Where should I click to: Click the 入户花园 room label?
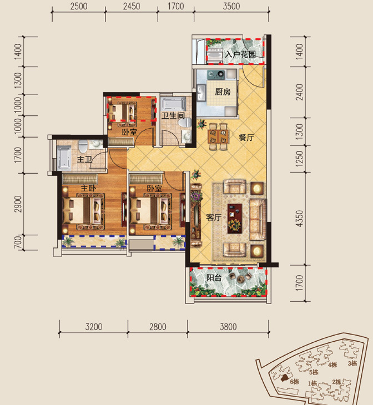240,54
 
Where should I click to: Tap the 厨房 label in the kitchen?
223,92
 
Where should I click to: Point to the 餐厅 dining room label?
246,138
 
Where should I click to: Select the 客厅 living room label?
214,217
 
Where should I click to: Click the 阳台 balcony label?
214,277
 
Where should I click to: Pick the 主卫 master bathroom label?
84,159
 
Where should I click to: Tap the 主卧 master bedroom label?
88,188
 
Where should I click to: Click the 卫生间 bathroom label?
173,115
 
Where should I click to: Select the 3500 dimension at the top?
231,6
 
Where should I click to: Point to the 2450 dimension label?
132,6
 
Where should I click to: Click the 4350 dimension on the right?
299,219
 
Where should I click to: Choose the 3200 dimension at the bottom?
94,327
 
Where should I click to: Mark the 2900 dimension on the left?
18,204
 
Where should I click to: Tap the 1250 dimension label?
299,159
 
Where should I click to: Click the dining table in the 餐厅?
219,136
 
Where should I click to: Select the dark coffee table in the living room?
235,219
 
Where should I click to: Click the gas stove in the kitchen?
216,74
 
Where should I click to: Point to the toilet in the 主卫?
83,146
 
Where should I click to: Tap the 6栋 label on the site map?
294,382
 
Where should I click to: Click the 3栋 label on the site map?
352,363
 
